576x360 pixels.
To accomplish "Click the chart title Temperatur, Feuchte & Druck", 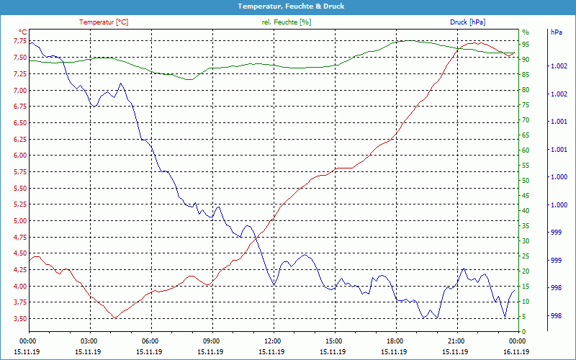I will tap(288, 6).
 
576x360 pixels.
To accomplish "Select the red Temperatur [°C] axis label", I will tap(104, 22).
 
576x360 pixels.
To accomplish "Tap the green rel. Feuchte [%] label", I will tap(287, 22).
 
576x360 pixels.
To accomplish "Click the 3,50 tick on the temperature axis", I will tap(19, 319).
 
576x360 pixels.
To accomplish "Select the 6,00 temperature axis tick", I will tap(19, 156).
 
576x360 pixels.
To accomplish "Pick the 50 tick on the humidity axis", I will tap(526, 181).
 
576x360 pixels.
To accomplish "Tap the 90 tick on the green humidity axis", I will tap(526, 60).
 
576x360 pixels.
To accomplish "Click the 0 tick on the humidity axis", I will tap(524, 332).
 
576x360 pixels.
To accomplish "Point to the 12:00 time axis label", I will tap(273, 340).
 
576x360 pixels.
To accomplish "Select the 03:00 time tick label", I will tap(89, 340).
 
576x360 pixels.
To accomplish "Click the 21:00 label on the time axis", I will tap(456, 340).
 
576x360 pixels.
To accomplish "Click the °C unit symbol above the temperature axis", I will tap(22, 32).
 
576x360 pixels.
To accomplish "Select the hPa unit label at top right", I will tap(557, 32).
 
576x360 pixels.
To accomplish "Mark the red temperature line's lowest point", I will tap(114, 318).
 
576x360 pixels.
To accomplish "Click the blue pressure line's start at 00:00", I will tap(30, 43).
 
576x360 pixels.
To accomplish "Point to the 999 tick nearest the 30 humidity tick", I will tap(556, 233).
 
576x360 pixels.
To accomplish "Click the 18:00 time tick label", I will tap(395, 340).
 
